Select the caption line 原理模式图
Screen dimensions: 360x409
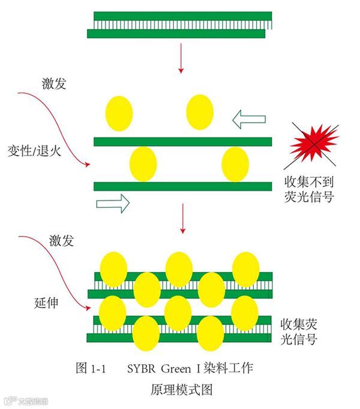tap(181, 389)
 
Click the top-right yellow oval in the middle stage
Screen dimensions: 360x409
tap(200, 111)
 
